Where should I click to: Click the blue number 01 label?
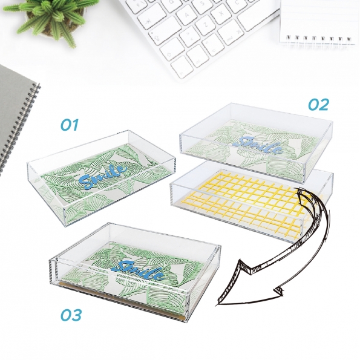tap(70, 125)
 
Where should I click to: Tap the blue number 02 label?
tap(318, 105)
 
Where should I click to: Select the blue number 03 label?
tap(71, 315)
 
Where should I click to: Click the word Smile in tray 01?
tap(103, 175)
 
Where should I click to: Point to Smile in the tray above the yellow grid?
tap(258, 145)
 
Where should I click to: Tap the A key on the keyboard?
tap(187, 15)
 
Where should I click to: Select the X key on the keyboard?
tap(221, 14)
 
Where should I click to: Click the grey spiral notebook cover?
tap(13, 115)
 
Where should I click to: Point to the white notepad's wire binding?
tap(319, 39)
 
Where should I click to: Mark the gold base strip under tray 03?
tap(122, 301)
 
